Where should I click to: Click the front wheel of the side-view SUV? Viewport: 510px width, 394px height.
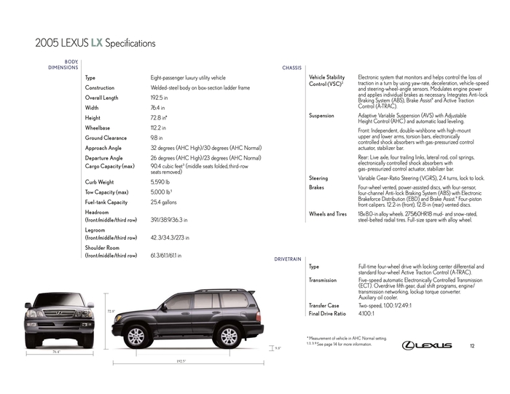click(x=136, y=336)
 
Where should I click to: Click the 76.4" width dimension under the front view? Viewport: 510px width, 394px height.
click(x=56, y=352)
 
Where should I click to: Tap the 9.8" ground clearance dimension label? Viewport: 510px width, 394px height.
click(x=278, y=348)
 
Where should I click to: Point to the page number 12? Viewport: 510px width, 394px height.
click(x=472, y=344)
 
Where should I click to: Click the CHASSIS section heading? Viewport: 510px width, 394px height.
click(x=291, y=68)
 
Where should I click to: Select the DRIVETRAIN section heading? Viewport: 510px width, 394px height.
click(x=288, y=259)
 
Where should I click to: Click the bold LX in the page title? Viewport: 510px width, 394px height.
click(x=98, y=43)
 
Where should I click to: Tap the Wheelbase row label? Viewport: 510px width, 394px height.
click(x=100, y=127)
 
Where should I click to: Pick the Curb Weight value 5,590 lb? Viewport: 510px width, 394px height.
click(x=160, y=181)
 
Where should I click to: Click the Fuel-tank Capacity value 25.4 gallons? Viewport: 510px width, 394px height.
click(x=164, y=202)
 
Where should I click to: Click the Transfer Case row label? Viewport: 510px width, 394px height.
click(x=324, y=305)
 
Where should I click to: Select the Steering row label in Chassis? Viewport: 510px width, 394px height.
click(x=318, y=178)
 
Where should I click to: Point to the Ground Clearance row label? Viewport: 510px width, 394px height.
click(x=106, y=138)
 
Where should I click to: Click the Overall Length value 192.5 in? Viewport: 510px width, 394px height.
click(x=160, y=97)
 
